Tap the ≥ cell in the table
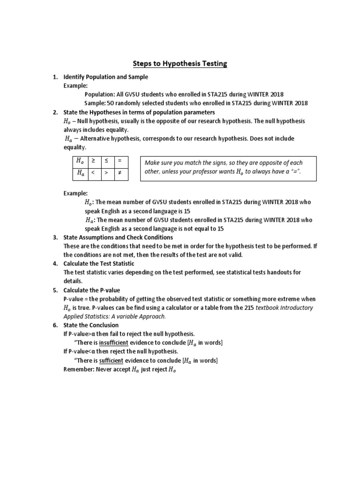click(x=93, y=161)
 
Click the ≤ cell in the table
click(x=106, y=161)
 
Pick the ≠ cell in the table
click(x=120, y=173)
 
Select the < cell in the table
click(x=93, y=173)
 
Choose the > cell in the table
click(x=106, y=173)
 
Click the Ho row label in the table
click(x=80, y=161)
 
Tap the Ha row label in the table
click(x=80, y=173)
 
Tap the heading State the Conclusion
click(x=91, y=325)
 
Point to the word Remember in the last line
click(x=79, y=369)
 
